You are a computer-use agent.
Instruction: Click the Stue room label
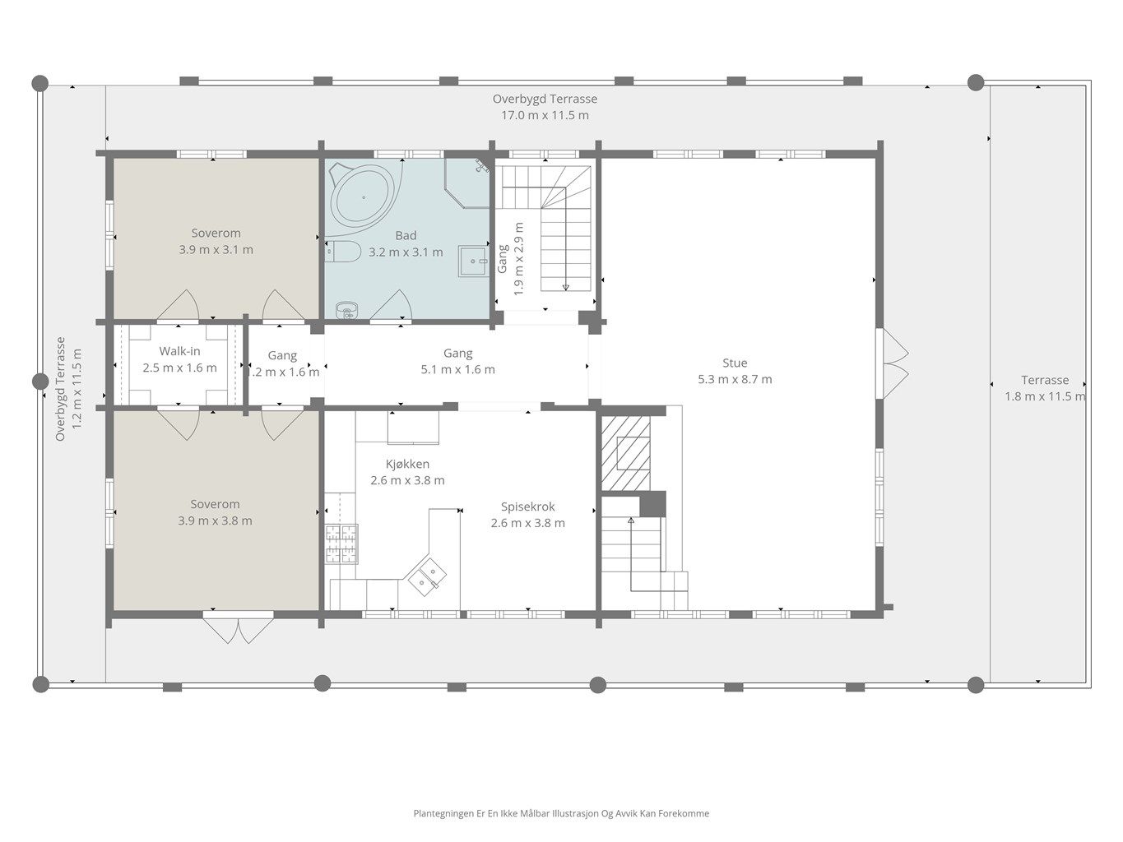(735, 363)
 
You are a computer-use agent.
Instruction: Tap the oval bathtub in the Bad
(364, 197)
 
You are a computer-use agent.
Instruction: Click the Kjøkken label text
(407, 464)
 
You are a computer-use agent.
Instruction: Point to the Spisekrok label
(527, 507)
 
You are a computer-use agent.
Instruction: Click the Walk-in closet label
(179, 351)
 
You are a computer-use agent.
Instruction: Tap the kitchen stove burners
(341, 544)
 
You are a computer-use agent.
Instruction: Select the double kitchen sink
(425, 576)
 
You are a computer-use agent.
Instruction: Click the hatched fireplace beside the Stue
(625, 453)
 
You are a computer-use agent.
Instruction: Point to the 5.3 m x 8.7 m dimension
(735, 379)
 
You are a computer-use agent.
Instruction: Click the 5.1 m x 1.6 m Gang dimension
(458, 369)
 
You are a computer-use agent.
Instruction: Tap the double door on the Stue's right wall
(893, 363)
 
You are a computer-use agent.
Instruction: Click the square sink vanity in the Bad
(473, 261)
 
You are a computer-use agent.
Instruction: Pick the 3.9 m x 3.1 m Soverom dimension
(216, 250)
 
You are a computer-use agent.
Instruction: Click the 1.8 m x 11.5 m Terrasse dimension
(1045, 396)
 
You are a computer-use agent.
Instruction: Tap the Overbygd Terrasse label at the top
(545, 99)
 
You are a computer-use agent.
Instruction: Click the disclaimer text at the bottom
(561, 813)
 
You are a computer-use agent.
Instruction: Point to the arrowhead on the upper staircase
(565, 287)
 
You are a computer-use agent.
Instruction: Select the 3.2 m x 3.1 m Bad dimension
(406, 252)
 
